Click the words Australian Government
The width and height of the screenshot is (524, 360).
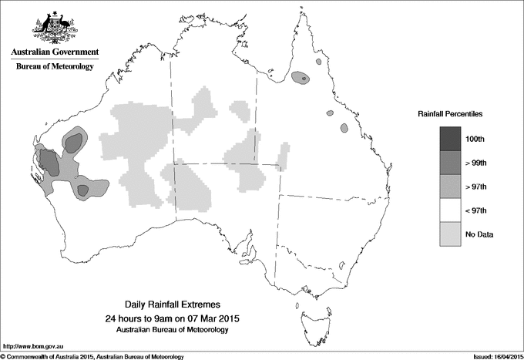point(54,52)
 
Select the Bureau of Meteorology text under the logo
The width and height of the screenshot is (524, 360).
point(54,67)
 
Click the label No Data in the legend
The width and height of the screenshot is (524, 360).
point(479,234)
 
